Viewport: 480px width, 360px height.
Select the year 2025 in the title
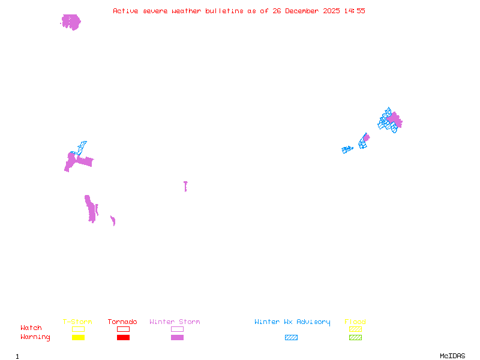(x=331, y=11)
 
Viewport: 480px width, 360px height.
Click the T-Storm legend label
(x=77, y=322)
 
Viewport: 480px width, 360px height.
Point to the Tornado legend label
(x=122, y=322)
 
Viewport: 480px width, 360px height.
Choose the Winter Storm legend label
(x=175, y=322)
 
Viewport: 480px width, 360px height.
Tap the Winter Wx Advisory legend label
(x=292, y=322)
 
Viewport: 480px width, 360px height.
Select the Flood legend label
(x=355, y=322)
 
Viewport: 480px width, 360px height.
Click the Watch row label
(x=31, y=328)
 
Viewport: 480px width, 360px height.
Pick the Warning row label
(x=35, y=337)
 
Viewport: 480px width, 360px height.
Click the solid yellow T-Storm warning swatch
(x=78, y=338)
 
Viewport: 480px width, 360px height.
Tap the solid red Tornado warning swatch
(x=123, y=338)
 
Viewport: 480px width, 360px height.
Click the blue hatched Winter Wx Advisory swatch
(x=291, y=338)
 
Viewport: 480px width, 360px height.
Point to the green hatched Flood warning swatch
(x=355, y=338)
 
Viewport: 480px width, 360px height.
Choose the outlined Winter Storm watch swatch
(x=177, y=329)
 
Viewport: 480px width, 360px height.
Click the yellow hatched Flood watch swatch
(x=355, y=329)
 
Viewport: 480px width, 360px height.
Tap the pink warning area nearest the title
(x=71, y=22)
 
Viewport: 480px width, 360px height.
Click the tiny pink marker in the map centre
(x=185, y=186)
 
